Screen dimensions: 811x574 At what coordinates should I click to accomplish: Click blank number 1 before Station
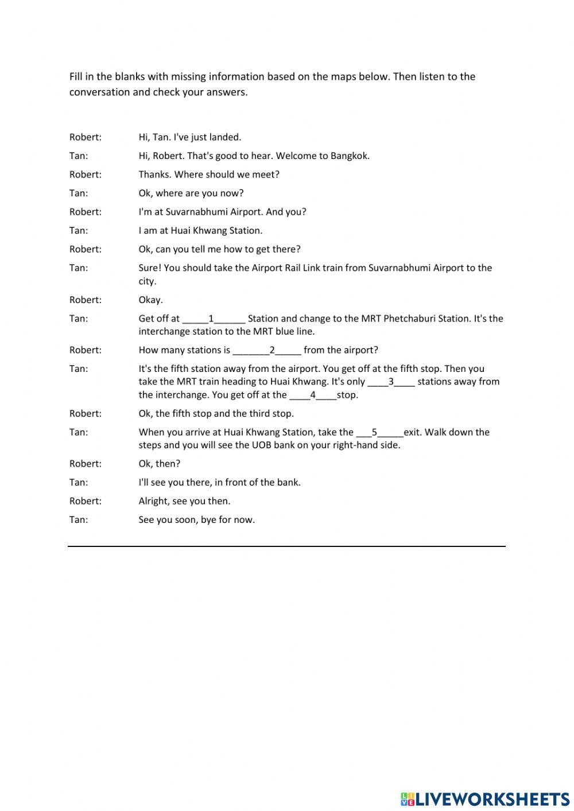(214, 319)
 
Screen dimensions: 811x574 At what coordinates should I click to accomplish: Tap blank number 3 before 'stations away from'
(391, 382)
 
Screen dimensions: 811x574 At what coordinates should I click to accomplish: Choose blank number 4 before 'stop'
(313, 395)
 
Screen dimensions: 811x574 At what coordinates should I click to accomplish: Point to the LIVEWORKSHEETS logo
(484, 798)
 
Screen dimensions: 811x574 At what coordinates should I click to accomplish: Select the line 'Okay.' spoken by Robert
(150, 300)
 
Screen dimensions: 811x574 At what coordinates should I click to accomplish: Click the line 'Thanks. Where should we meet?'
(209, 174)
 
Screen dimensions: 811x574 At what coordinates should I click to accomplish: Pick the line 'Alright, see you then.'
(184, 501)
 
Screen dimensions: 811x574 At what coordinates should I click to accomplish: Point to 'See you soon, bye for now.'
(196, 520)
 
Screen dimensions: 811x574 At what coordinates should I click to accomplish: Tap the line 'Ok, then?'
(159, 464)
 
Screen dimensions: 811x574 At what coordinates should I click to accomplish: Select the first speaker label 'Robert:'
(85, 137)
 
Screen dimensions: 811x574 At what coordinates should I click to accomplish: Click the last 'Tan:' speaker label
(79, 520)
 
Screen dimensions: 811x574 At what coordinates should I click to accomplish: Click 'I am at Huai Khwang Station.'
(200, 231)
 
